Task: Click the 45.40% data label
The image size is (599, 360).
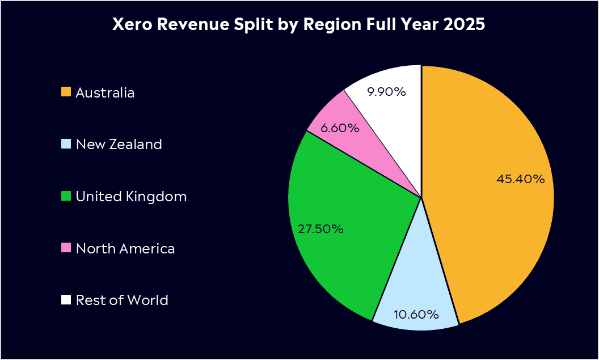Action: coord(521,179)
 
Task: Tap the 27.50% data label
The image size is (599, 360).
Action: coord(320,229)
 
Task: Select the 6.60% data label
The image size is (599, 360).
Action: coord(340,128)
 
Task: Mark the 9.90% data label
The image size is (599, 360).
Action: coord(386,92)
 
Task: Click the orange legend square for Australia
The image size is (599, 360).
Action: coord(66,92)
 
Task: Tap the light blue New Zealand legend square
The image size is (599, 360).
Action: coord(66,144)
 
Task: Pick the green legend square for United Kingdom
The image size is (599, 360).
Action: coord(66,196)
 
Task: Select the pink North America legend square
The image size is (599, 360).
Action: coord(66,248)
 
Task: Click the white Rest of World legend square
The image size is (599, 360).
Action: coord(66,299)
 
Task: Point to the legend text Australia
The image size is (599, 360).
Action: coord(105,92)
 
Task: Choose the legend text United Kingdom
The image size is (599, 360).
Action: coord(131,197)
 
